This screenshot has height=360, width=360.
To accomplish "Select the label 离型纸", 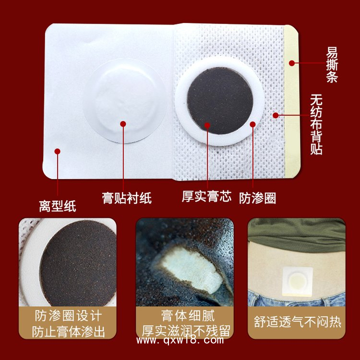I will coord(57,206).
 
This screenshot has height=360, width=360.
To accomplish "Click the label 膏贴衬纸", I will coord(127,197).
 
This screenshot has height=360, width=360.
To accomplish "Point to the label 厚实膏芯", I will coord(206,196).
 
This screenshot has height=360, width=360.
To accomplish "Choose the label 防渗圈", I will coord(258,198).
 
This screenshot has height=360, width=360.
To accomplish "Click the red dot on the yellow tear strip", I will coord(291,62).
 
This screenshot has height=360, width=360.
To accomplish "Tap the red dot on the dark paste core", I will coord(207,125).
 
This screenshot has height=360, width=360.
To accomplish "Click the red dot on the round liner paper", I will coord(123,124).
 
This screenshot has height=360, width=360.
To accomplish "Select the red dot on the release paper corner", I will coord(57,151).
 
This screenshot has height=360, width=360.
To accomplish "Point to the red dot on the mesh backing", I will coord(276,115).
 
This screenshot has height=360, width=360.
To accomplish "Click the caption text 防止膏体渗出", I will coord(68,331).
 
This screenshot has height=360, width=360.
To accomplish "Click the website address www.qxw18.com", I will coord(180,341).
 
